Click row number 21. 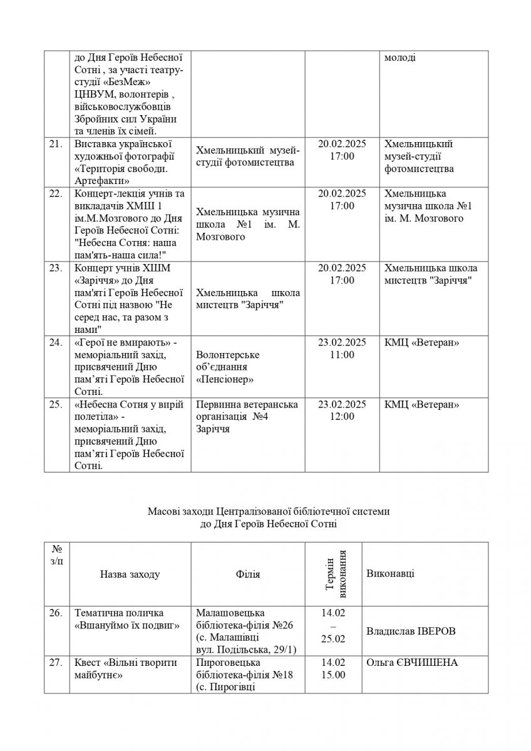[x=56, y=145]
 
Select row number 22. [x=56, y=193]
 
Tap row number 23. [x=56, y=268]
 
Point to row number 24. [x=56, y=342]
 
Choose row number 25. [x=56, y=404]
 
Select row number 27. [x=56, y=662]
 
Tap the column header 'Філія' [x=248, y=575]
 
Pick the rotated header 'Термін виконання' [x=333, y=574]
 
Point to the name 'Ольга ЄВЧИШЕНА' [x=412, y=662]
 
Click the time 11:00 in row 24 [x=342, y=355]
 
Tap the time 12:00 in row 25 [x=342, y=417]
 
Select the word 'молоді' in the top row [x=401, y=58]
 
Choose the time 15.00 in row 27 [x=333, y=675]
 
